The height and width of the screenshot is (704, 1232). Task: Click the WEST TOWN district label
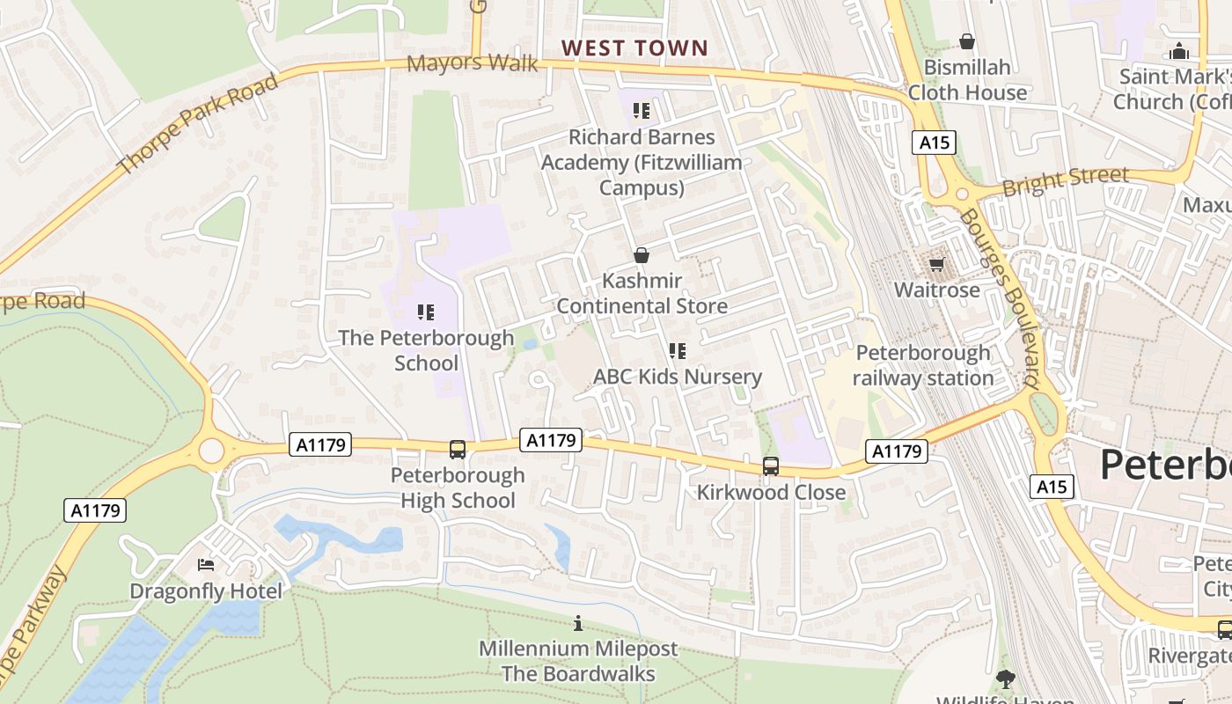tap(634, 48)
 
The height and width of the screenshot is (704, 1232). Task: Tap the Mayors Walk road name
tap(472, 63)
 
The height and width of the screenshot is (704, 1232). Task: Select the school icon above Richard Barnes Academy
tap(642, 111)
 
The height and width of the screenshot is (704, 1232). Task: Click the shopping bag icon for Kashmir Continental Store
tap(642, 255)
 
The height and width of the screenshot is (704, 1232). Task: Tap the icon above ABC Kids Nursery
tap(677, 351)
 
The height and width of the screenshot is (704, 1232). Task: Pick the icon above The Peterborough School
tap(427, 312)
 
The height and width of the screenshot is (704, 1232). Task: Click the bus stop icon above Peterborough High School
tap(458, 450)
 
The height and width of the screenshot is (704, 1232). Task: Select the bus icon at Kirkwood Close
tap(771, 466)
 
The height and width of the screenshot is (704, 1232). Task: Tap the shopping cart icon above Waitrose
tap(936, 264)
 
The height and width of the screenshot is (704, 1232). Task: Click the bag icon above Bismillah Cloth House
tap(967, 41)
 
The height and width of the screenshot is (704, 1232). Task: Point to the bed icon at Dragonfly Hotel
tap(206, 565)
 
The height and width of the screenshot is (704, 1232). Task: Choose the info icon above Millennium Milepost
tap(578, 624)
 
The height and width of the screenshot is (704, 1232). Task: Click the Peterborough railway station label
tap(923, 366)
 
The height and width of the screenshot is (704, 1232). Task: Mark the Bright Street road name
tap(1065, 180)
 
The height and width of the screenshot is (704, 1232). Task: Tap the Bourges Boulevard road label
tap(1001, 299)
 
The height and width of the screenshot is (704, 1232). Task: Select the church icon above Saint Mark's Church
tap(1179, 51)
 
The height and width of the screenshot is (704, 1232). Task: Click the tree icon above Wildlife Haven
tap(1005, 679)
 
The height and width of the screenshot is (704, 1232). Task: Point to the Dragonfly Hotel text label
tap(206, 591)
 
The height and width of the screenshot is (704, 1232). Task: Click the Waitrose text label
tap(936, 290)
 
